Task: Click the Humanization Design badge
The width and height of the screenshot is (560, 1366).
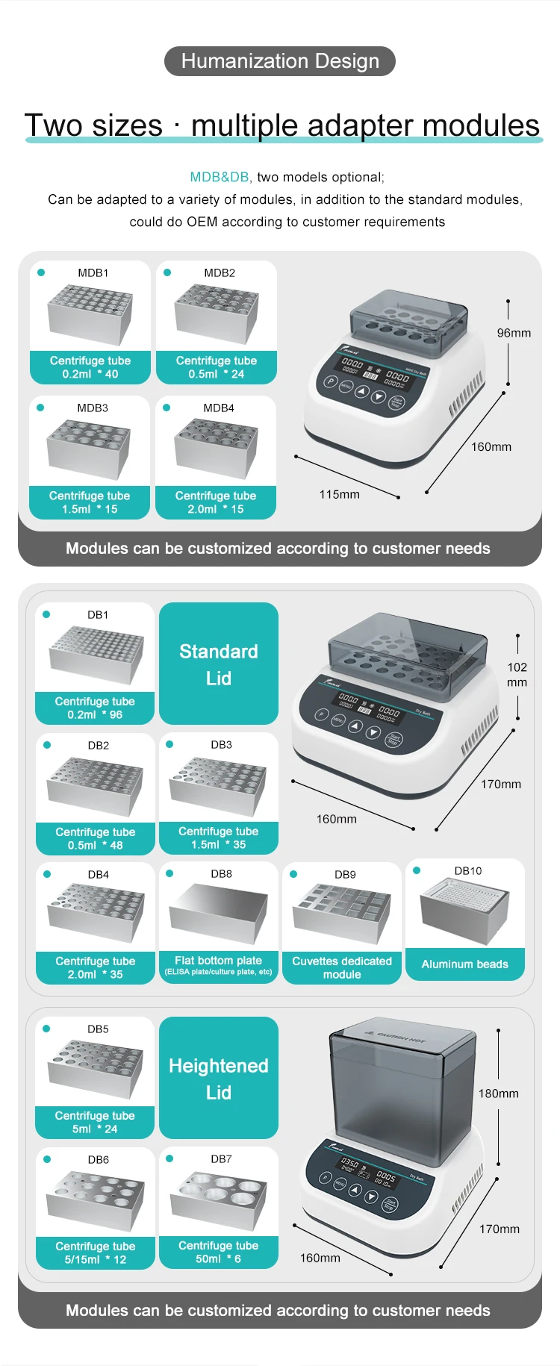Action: pyautogui.click(x=280, y=61)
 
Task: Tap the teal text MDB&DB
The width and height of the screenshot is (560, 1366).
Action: pyautogui.click(x=219, y=177)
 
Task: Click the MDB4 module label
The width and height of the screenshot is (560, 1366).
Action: pyautogui.click(x=219, y=408)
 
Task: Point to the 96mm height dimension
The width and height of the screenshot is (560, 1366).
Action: pyautogui.click(x=514, y=333)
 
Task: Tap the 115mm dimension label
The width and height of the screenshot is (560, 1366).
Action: pyautogui.click(x=339, y=494)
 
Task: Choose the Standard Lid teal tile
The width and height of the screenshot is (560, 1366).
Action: pyautogui.click(x=219, y=664)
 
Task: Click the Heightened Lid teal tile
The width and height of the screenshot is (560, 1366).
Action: pyautogui.click(x=219, y=1078)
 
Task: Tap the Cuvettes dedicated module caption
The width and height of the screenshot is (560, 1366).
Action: pyautogui.click(x=342, y=967)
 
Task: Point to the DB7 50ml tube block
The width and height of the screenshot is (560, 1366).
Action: pyautogui.click(x=219, y=1197)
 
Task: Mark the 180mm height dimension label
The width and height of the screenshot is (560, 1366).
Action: pyautogui.click(x=498, y=1094)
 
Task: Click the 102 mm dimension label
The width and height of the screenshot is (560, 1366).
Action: pyautogui.click(x=517, y=675)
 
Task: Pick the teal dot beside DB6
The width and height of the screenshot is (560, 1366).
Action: pyautogui.click(x=47, y=1159)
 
